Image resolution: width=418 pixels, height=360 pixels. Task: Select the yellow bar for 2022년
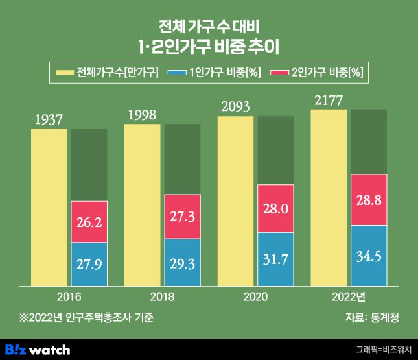point(329,198)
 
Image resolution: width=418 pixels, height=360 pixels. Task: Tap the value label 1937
point(49,119)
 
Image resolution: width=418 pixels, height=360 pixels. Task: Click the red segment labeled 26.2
point(89,222)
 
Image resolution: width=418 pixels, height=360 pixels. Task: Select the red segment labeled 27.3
point(182,217)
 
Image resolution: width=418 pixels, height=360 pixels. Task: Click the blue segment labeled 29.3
point(182,262)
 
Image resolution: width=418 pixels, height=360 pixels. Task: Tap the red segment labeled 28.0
point(275,208)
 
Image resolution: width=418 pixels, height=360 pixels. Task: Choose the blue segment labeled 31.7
point(275,259)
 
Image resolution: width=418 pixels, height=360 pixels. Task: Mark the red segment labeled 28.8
point(369,200)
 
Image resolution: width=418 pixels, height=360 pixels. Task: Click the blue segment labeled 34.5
point(369,256)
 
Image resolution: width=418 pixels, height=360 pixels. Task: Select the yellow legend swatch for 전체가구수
point(64,72)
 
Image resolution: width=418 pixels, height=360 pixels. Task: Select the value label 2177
point(329,101)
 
